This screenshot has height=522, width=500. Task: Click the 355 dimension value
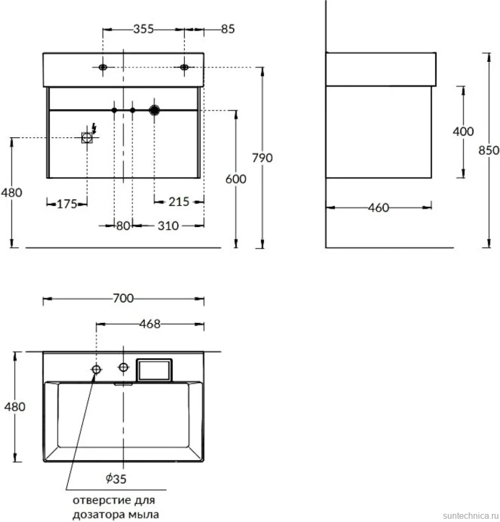coord(144,29)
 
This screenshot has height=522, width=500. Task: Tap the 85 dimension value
coord(228,29)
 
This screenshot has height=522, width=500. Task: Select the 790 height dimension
coord(262,158)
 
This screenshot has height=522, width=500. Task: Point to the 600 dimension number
coord(236,179)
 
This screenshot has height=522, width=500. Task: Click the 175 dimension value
coord(67,204)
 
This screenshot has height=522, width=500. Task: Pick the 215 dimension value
coord(179,201)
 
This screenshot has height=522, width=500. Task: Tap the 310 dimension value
coord(168,225)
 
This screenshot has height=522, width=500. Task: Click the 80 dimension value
coord(123,225)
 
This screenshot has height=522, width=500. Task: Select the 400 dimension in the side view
coord(463,131)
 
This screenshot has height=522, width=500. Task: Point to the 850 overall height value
coord(489,151)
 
